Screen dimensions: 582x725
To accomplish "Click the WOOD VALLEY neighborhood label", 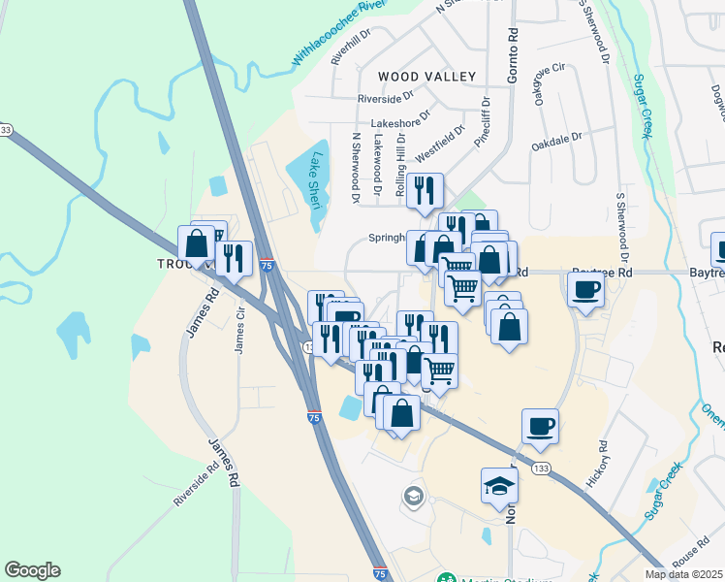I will tap(426, 77).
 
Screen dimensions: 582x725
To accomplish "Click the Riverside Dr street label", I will tap(385, 99).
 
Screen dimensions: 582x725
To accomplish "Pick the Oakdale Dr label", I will tap(555, 143).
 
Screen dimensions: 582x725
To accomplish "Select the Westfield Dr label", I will tap(441, 142).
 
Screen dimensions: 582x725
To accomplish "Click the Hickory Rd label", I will tap(596, 464).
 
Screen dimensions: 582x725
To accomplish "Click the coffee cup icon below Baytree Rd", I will tap(585, 289).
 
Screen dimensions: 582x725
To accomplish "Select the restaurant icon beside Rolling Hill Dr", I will tap(425, 189).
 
